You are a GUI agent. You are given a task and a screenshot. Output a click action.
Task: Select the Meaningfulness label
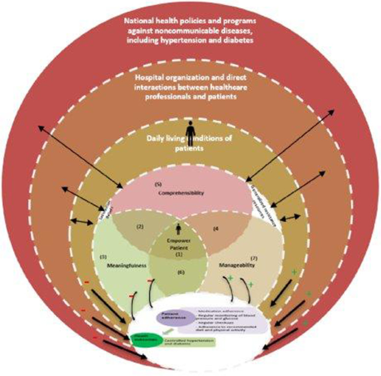tap(121, 265)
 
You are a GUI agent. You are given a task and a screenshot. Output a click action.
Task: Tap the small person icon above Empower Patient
tap(178, 228)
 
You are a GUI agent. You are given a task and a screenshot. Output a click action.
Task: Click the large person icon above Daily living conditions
tap(189, 131)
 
